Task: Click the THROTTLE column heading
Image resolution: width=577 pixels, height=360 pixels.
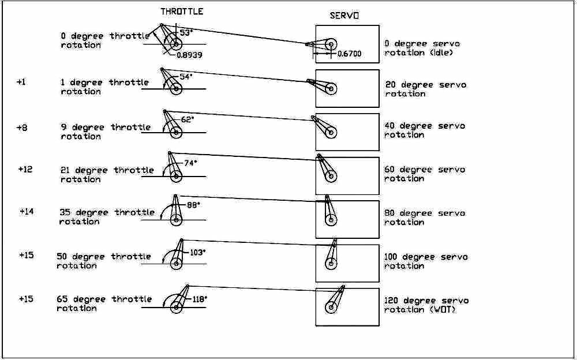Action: click(x=182, y=11)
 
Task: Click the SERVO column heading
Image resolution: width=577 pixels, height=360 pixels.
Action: click(x=344, y=16)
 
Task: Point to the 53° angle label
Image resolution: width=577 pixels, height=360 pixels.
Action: click(x=185, y=33)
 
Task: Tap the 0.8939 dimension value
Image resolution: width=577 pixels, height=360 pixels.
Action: click(x=190, y=54)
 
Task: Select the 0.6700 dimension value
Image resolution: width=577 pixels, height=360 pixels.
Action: click(x=349, y=54)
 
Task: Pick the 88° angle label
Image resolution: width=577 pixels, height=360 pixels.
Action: click(x=192, y=205)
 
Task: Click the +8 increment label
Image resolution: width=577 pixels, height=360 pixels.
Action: click(x=21, y=127)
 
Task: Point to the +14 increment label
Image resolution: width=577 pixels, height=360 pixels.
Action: click(x=27, y=212)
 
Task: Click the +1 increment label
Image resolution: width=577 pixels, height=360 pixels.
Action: click(x=21, y=82)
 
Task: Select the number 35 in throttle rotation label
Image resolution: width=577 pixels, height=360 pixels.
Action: click(x=65, y=212)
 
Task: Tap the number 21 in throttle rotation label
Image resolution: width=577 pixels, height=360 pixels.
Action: click(x=65, y=170)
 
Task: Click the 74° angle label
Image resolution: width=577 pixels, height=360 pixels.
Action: click(x=190, y=163)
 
